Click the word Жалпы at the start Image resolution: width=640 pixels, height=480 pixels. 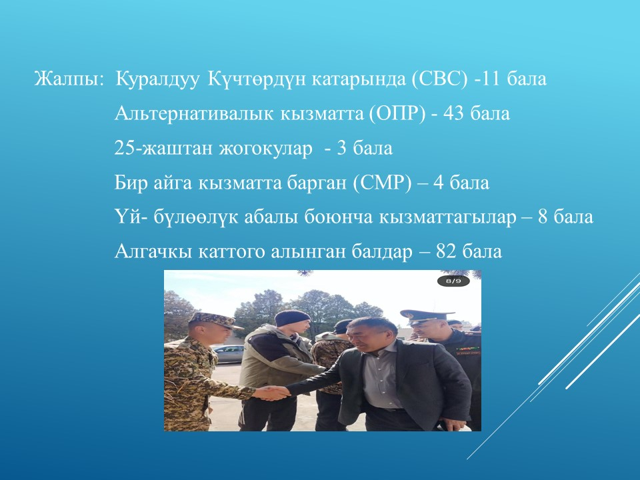pos(68,79)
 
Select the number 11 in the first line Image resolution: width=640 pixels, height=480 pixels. pos(491,79)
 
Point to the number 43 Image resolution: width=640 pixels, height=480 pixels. pos(453,114)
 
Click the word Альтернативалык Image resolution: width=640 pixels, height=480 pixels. pos(194,114)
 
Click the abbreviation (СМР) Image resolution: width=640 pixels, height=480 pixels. pos(383,183)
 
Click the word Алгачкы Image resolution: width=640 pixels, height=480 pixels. pos(153,251)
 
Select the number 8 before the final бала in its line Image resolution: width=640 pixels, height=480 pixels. pos(542,217)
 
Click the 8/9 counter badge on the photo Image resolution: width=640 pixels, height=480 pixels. pos(453,281)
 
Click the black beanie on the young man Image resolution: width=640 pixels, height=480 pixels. pos(292,317)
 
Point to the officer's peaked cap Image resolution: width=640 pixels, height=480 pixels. pos(421,316)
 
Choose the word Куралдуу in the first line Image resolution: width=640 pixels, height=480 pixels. pos(157,79)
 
